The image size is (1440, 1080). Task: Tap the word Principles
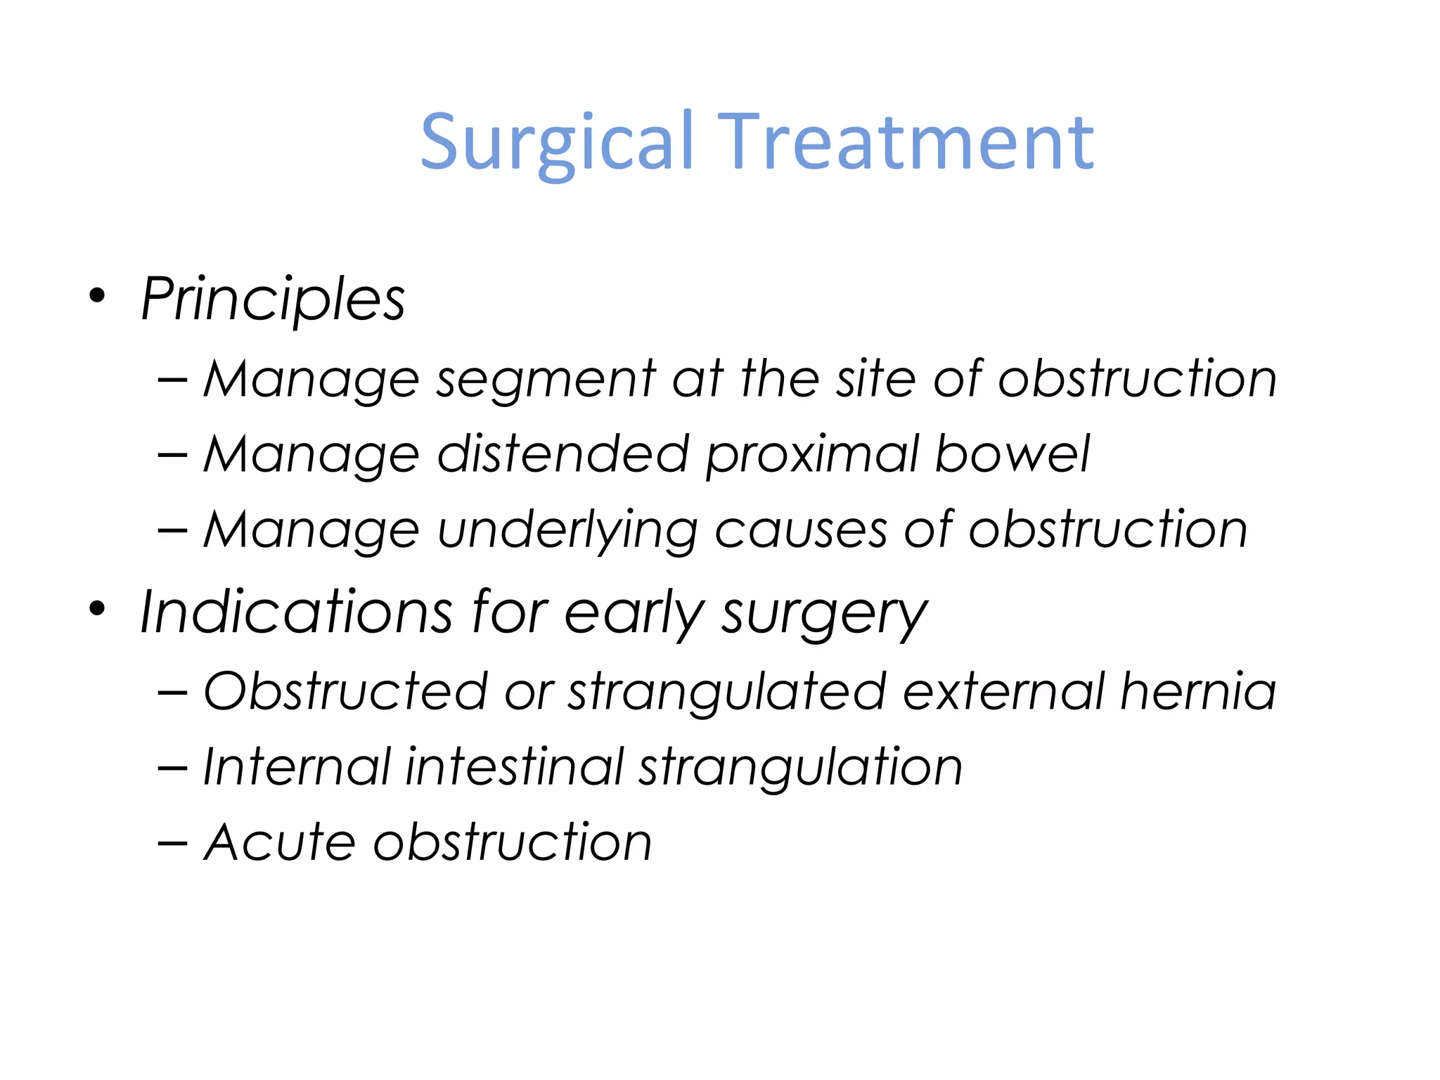(273, 300)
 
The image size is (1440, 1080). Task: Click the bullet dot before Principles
(97, 296)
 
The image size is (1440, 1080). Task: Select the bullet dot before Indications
(97, 610)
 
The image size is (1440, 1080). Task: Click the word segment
(546, 380)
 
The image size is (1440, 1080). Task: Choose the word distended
(562, 454)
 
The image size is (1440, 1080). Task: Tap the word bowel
(1012, 454)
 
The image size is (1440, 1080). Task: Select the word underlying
(567, 532)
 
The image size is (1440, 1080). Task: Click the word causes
(801, 530)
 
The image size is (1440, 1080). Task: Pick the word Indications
(296, 612)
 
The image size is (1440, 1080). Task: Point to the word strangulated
(727, 693)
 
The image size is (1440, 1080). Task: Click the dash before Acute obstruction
(173, 843)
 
